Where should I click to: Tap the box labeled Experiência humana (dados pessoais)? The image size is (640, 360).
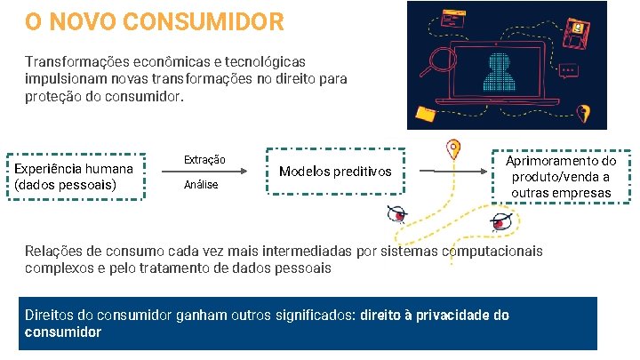[x=74, y=177]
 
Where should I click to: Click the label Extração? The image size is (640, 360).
[x=204, y=159]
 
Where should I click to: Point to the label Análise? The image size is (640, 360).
[x=200, y=185]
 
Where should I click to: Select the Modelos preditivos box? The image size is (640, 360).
[x=335, y=172]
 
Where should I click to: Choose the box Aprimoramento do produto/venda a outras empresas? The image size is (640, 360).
[x=561, y=177]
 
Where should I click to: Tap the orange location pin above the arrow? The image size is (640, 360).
[x=454, y=148]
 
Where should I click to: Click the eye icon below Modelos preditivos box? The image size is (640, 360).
[x=397, y=213]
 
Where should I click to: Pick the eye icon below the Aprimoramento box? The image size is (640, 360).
[x=501, y=221]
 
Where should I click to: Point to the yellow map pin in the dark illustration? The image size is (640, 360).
[x=583, y=114]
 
